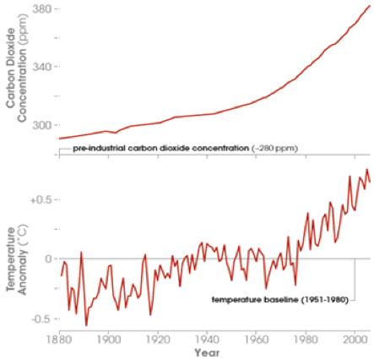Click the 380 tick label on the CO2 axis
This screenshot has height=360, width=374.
[42, 9]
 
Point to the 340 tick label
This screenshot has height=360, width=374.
[42, 67]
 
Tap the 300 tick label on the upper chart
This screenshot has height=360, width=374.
[42, 125]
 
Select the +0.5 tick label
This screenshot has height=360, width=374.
[41, 199]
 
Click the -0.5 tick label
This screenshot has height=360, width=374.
[42, 319]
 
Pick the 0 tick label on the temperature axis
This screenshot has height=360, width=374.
[49, 259]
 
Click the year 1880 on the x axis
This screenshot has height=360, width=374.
[59, 340]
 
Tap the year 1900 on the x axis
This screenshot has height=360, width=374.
[109, 340]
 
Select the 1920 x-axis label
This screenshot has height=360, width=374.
[158, 340]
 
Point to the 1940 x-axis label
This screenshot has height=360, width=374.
[208, 340]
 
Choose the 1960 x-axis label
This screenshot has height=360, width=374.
[257, 340]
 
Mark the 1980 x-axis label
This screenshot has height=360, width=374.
[306, 340]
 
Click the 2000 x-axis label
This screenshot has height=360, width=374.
[355, 340]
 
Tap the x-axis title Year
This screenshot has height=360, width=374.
[207, 352]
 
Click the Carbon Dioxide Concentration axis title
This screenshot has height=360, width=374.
[16, 68]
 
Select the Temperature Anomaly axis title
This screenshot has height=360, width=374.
[16, 259]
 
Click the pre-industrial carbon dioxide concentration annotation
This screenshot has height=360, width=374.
[185, 148]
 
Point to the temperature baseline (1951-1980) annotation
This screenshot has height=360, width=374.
[280, 299]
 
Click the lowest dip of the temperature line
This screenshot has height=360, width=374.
[86, 325]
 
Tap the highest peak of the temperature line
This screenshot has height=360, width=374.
[367, 169]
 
